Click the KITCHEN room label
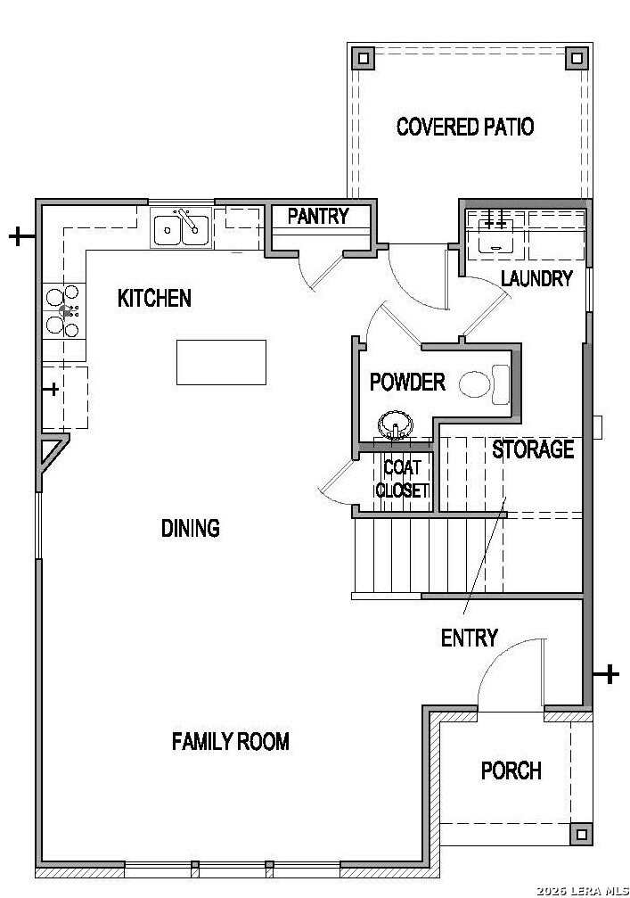[x=154, y=298]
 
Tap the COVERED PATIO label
[x=465, y=127]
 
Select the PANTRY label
[x=318, y=216]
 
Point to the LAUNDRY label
[x=536, y=278]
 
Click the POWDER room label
[x=407, y=382]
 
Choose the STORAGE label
[x=533, y=449]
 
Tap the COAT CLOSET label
[x=402, y=479]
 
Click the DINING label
[x=191, y=528]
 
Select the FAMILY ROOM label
[x=231, y=742]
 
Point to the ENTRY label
[x=470, y=638]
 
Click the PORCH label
[x=511, y=770]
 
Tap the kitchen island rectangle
[x=222, y=363]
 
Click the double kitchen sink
[x=182, y=228]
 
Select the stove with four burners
[x=64, y=311]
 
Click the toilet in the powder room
[x=484, y=383]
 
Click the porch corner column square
[x=581, y=834]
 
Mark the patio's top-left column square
[x=363, y=58]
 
